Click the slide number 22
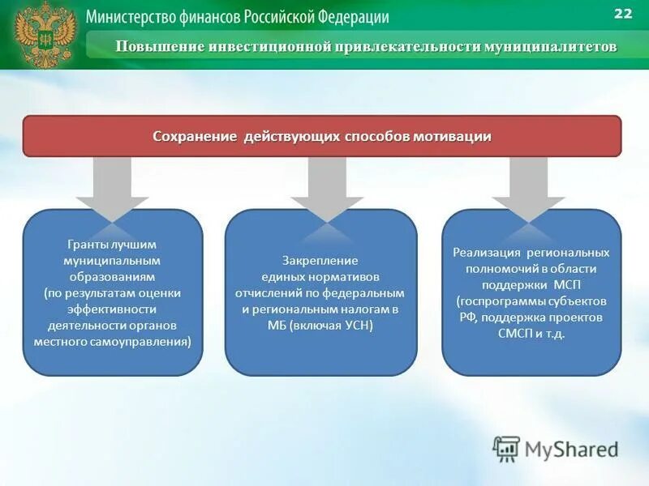point(623,14)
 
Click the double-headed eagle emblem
point(45,34)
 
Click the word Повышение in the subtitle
point(160,46)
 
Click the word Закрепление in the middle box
point(320,260)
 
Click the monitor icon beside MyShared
point(506,449)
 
